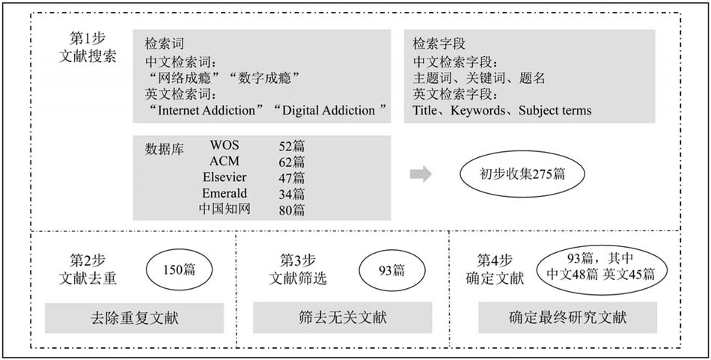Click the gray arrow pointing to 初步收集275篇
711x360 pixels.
tap(421, 174)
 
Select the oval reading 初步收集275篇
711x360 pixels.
tap(522, 174)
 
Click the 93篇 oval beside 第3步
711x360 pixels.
tap(391, 271)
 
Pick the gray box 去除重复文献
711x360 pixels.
tap(134, 318)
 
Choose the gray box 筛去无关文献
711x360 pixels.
tap(342, 318)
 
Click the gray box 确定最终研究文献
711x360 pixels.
tap(567, 318)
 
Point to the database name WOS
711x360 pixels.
tap(224, 145)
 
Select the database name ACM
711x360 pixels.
tap(224, 162)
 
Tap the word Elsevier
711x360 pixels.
tap(225, 177)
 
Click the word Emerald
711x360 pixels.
tap(225, 193)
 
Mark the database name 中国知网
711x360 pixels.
tap(225, 209)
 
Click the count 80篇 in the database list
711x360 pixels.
tap(292, 210)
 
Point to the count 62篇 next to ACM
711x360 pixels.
tap(292, 162)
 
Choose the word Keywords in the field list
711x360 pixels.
tap(477, 111)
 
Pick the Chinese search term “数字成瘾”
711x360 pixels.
tap(263, 78)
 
